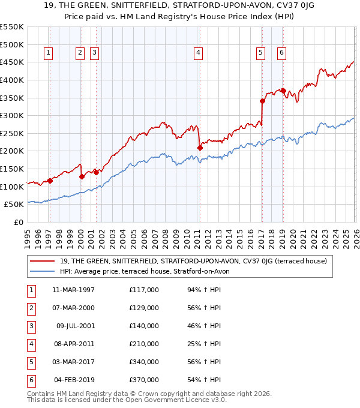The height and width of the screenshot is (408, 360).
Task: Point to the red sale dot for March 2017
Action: click(x=262, y=101)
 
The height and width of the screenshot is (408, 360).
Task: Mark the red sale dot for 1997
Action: click(x=50, y=181)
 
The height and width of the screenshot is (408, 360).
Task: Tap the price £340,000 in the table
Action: click(x=144, y=362)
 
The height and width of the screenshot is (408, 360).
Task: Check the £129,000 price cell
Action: click(x=144, y=308)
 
